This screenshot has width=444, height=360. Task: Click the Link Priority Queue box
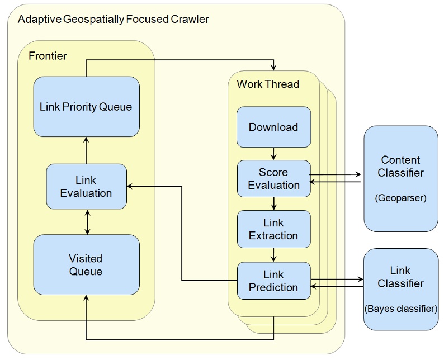pos(86,106)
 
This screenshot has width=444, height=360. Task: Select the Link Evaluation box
pos(86,187)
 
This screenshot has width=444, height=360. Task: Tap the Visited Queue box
pos(86,264)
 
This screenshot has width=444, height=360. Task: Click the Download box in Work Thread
pos(273,127)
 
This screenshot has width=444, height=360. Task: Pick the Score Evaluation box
pos(273,178)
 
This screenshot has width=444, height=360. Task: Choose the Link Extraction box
pos(273,229)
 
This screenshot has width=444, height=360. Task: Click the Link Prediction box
pos(273,281)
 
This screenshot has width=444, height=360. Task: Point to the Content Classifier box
pos(400,178)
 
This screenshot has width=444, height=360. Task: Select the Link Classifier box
pos(400,288)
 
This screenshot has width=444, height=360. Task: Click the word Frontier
pos(48,55)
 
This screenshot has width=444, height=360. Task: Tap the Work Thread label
pos(268,84)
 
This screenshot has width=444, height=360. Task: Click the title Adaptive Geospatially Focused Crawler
pos(114,20)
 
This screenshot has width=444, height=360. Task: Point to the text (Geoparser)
pos(400,197)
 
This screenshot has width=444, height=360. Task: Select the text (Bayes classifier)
pos(400,309)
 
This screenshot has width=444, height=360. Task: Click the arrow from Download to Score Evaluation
pos(273,154)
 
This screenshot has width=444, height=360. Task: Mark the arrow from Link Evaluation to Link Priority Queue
pos(86,150)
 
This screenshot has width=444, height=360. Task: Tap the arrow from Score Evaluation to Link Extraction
pos(273,203)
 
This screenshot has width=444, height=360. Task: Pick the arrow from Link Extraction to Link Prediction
pos(273,255)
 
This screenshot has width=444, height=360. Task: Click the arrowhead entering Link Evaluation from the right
pos(130,186)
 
